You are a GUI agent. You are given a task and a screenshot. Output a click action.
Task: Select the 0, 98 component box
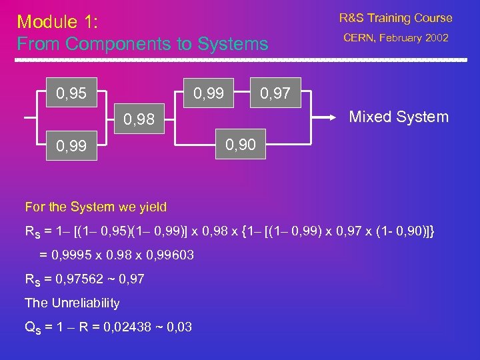pos(139,119)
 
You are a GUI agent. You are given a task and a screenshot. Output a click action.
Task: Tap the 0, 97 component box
pos(275,93)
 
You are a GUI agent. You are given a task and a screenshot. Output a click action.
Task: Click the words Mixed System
pos(399,117)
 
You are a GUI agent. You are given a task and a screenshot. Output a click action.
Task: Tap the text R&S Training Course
pos(395,18)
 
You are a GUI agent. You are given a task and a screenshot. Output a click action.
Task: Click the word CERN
pos(359,38)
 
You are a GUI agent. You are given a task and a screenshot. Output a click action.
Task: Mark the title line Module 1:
pos(57,22)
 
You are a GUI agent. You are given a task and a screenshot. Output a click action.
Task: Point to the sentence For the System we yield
pos(95,207)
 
